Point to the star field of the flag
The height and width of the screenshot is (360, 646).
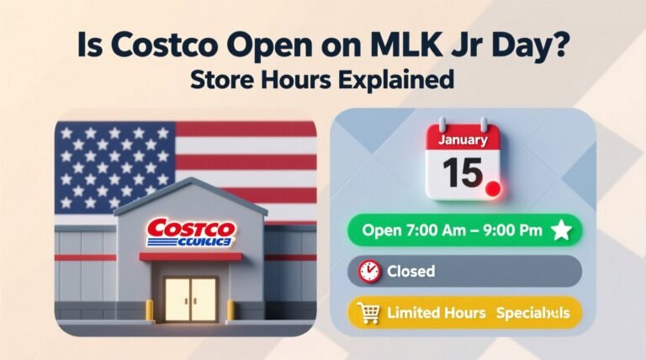[x=114, y=165]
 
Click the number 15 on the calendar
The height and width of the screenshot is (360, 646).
[x=462, y=172]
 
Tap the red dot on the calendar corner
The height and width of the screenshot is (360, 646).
[x=493, y=188]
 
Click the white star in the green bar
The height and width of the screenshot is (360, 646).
[x=560, y=230]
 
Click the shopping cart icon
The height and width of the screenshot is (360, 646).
[x=368, y=313]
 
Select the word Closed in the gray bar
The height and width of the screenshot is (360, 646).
[x=410, y=271]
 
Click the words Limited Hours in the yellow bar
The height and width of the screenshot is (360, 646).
[x=436, y=313]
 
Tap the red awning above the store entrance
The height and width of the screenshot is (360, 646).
[x=190, y=257]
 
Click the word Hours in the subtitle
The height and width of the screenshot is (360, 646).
[x=307, y=82]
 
